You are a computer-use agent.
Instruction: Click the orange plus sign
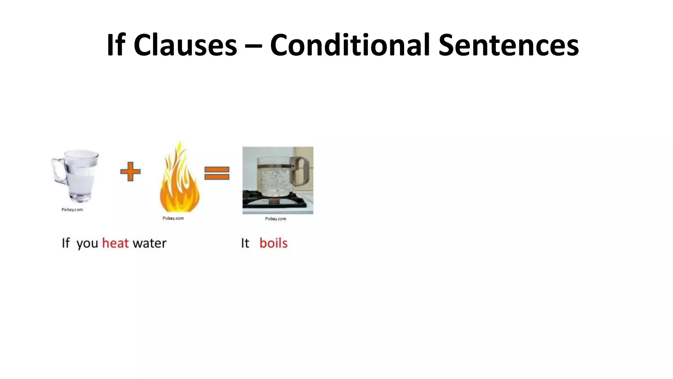pyautogui.click(x=130, y=171)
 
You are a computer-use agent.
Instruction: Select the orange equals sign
pyautogui.click(x=217, y=173)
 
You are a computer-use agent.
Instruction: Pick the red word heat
pyautogui.click(x=115, y=243)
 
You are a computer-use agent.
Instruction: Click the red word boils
pyautogui.click(x=273, y=243)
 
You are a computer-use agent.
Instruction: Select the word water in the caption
pyautogui.click(x=150, y=243)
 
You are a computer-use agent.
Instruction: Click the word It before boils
pyautogui.click(x=245, y=243)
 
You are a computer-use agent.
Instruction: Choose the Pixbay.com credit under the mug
pyautogui.click(x=72, y=210)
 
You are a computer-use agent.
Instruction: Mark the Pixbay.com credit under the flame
pyautogui.click(x=173, y=218)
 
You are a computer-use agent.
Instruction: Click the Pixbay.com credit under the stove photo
pyautogui.click(x=275, y=219)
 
